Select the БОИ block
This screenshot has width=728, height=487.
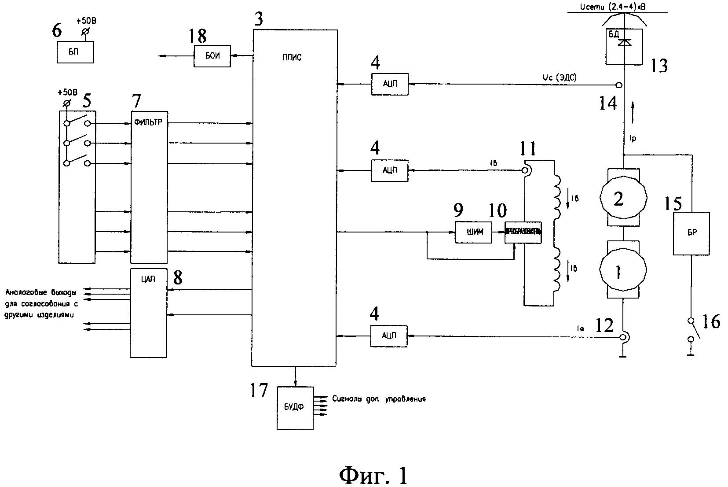pyautogui.click(x=212, y=56)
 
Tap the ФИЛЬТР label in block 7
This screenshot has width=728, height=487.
pyautogui.click(x=149, y=122)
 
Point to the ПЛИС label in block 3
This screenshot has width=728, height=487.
pyautogui.click(x=291, y=57)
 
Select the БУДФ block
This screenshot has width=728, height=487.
pyautogui.click(x=295, y=408)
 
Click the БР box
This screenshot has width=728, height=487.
pyautogui.click(x=691, y=233)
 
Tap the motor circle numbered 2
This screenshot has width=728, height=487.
pyautogui.click(x=618, y=199)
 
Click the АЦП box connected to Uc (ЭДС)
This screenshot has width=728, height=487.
pyautogui.click(x=389, y=84)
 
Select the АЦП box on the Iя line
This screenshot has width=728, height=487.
pyautogui.click(x=389, y=336)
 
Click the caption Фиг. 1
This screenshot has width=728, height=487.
pyautogui.click(x=374, y=475)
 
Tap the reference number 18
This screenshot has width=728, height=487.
pyautogui.click(x=197, y=37)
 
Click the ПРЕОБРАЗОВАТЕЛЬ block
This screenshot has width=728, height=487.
pyautogui.click(x=523, y=232)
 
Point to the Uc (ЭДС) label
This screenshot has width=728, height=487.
pyautogui.click(x=560, y=77)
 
